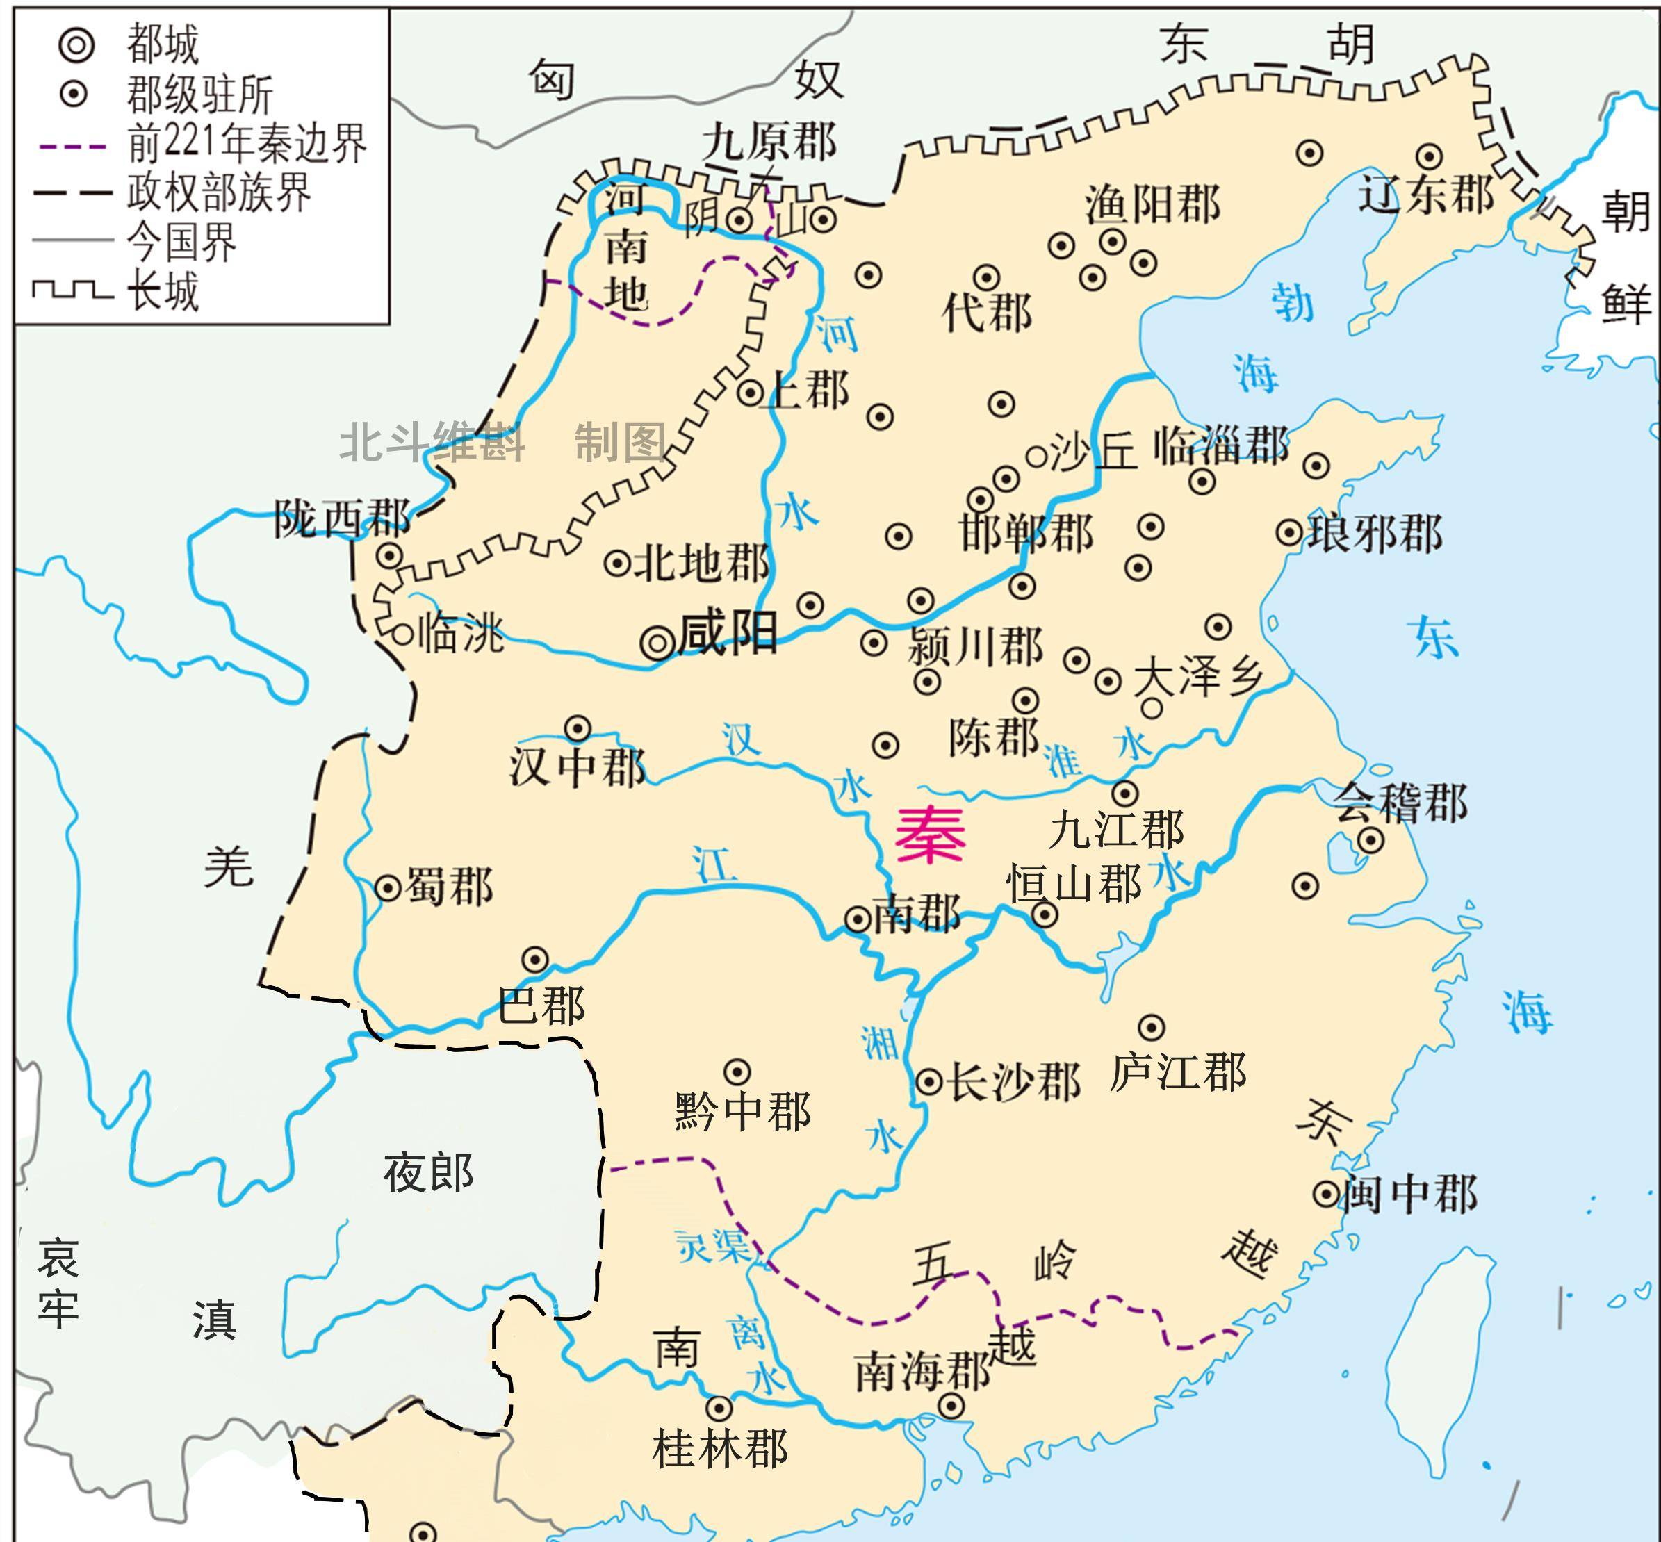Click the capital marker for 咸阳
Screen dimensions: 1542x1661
click(657, 643)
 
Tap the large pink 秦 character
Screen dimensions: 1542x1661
click(930, 836)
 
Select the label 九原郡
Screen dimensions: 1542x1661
click(768, 142)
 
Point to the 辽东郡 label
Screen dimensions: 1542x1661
click(1425, 195)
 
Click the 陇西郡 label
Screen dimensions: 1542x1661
click(342, 519)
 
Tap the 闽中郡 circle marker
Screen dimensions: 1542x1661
click(1326, 1194)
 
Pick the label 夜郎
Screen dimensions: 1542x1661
click(428, 1173)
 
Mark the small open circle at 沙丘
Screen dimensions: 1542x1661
click(1036, 457)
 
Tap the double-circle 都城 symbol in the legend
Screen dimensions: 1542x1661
click(76, 44)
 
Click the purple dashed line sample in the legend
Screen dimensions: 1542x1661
click(72, 146)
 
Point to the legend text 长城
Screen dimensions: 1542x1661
click(163, 292)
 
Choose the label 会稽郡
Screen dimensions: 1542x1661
click(1399, 803)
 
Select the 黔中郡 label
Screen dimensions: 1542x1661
click(742, 1111)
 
